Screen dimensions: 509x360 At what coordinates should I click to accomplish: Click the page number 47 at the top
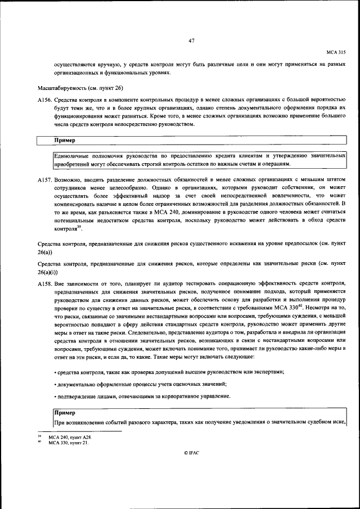coord(191,40)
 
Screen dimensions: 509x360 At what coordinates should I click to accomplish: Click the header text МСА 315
coord(336,51)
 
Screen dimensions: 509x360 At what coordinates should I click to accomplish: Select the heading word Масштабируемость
coord(60,88)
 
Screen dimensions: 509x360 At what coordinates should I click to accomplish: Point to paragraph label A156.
coord(44,99)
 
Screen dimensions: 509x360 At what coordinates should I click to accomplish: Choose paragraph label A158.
coord(44,285)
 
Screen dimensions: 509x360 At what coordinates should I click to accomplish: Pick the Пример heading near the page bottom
coord(64,413)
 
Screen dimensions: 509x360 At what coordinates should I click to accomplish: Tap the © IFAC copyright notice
coord(191,468)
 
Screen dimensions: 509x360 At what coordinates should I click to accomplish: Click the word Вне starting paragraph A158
coord(60,285)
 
